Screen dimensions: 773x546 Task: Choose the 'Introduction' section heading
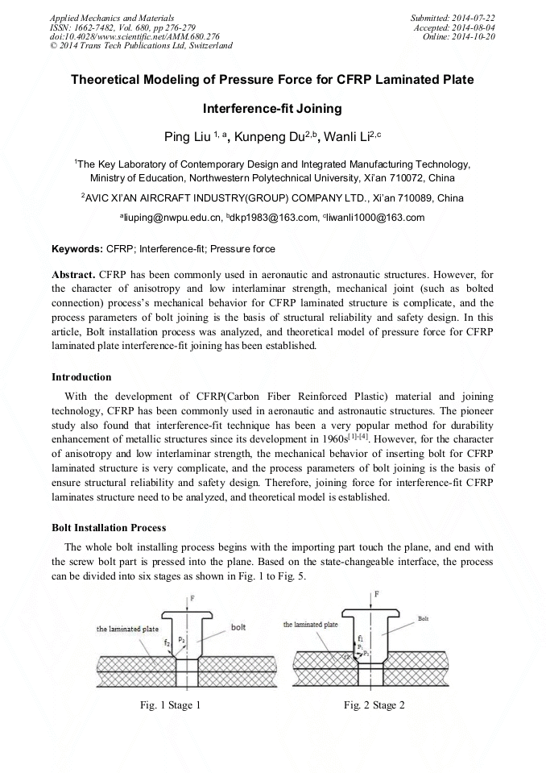81,376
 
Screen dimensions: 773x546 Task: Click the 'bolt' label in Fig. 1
238,626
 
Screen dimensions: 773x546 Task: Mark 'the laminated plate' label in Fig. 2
310,624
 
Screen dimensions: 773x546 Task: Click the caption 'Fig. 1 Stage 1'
169,705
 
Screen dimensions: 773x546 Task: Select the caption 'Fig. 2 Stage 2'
374,705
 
